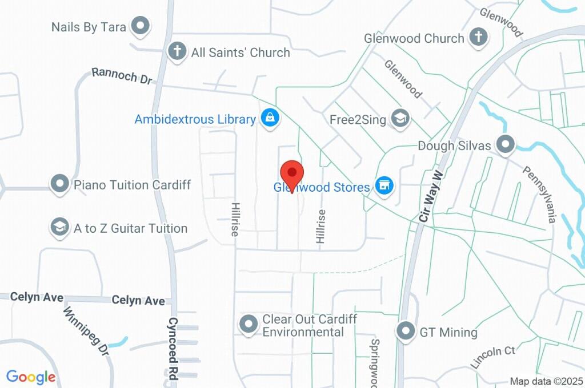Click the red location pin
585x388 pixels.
[x=292, y=174]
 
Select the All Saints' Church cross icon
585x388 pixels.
[x=177, y=51]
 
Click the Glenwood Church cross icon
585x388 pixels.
[x=478, y=38]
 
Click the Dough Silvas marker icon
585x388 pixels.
[x=505, y=145]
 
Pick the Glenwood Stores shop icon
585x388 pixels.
[x=384, y=185]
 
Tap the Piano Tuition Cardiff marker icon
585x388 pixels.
[x=59, y=184]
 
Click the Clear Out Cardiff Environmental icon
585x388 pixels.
[x=249, y=324]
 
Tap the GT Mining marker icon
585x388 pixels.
[x=406, y=331]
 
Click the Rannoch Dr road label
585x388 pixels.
[x=122, y=75]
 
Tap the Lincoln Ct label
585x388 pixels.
[x=492, y=356]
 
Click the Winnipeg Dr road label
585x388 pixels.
[x=86, y=331]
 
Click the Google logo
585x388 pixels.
[x=31, y=377]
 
